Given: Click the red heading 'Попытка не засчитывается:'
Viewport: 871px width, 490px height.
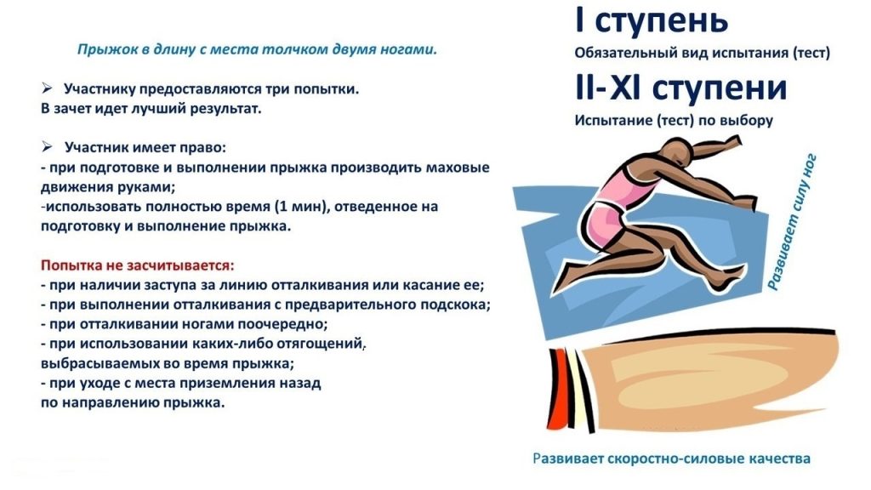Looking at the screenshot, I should pyautogui.click(x=137, y=265).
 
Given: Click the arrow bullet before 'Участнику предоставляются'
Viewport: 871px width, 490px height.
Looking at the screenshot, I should pyautogui.click(x=48, y=88).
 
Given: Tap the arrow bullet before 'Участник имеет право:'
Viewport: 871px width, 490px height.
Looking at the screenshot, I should pyautogui.click(x=48, y=147).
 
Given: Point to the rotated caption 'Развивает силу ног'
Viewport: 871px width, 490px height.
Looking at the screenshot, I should pyautogui.click(x=794, y=222).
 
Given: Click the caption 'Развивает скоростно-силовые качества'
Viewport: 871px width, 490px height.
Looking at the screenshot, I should pyautogui.click(x=671, y=459).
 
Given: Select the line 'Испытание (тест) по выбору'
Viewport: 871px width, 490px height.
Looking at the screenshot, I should pyautogui.click(x=674, y=120).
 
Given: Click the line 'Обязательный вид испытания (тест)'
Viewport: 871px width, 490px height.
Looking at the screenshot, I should pyautogui.click(x=702, y=53).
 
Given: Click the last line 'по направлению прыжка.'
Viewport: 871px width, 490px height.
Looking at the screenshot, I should pyautogui.click(x=133, y=402).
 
